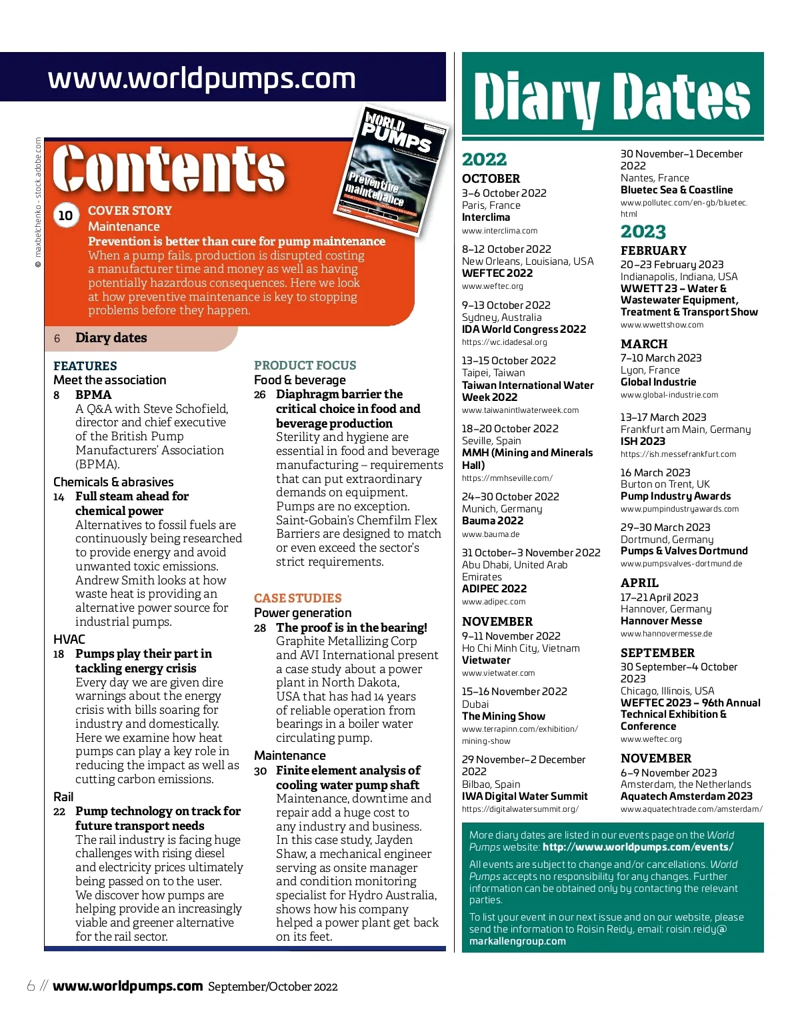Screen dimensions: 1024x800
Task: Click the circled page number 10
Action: pos(65,215)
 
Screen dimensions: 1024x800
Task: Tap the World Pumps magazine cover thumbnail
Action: pos(390,172)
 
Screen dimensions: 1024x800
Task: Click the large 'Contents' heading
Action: pos(169,169)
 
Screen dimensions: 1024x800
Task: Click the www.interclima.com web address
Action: pos(499,231)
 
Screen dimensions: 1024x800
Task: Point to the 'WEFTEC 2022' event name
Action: pos(497,273)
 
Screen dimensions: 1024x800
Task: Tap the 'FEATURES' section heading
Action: pos(85,366)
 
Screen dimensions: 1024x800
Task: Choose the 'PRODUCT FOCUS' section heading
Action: pos(305,365)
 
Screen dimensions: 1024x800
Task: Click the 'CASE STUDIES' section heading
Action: pos(297,598)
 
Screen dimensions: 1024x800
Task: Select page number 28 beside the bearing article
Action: pos(260,628)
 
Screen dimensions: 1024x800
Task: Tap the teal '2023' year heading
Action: pos(643,231)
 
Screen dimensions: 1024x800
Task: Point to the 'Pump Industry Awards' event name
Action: pos(675,496)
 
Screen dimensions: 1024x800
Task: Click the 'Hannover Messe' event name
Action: pos(661,620)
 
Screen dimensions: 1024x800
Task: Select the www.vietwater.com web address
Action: pos(498,673)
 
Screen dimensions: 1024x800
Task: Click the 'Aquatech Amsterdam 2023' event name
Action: pos(686,796)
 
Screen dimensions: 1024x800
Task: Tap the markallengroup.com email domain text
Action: pos(517,941)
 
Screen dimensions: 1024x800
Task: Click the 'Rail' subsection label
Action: pos(63,797)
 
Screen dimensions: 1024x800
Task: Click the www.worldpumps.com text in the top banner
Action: pos(201,79)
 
